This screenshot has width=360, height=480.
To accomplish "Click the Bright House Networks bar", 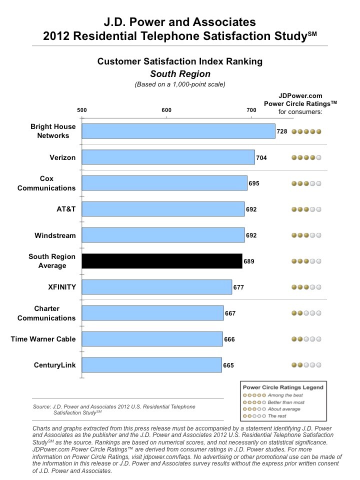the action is [x=178, y=131].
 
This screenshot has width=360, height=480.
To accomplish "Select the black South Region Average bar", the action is [x=162, y=261].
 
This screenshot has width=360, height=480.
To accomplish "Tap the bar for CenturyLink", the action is [x=152, y=365].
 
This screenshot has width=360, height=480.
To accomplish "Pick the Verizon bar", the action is [x=168, y=157].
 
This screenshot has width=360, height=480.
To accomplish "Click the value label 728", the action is [x=282, y=131].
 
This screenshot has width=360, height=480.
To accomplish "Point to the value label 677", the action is [x=238, y=287].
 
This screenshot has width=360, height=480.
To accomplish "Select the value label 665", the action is [x=228, y=365].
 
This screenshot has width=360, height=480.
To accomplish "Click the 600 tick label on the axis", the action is [x=166, y=110].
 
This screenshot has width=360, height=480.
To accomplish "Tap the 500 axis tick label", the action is [x=81, y=110].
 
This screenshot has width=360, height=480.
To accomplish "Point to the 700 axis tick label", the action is [x=251, y=110].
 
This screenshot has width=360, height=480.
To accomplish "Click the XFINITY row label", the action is [x=62, y=287].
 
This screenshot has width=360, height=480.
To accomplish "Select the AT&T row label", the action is [x=66, y=209].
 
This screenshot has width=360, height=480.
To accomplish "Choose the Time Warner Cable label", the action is [x=43, y=339].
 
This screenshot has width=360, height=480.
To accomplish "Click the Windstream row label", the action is [x=55, y=235].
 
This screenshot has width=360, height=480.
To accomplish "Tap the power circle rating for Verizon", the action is [x=306, y=157].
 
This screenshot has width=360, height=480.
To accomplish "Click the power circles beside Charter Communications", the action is [x=306, y=313].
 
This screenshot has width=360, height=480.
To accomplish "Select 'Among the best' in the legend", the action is [x=285, y=395].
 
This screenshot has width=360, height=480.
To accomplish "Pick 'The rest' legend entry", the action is [x=277, y=416].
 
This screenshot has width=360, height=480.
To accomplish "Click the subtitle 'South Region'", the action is [x=180, y=74].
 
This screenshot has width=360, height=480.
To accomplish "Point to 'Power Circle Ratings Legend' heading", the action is [x=283, y=387].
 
